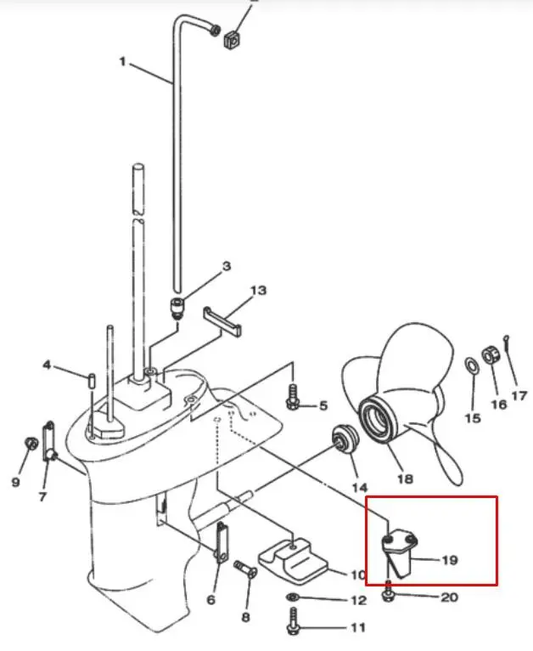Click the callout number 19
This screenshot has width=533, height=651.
(x=450, y=560)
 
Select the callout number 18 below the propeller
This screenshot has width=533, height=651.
(x=406, y=478)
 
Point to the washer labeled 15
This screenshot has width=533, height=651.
(x=471, y=365)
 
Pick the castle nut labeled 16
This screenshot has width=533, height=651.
(x=491, y=355)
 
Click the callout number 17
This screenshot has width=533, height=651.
(x=519, y=396)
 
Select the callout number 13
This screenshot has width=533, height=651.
(x=258, y=290)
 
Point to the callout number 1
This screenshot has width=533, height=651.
(x=122, y=61)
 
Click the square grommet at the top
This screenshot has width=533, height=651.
(x=233, y=39)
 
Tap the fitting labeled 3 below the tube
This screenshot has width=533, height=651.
(x=177, y=308)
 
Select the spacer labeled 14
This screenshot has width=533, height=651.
(x=345, y=439)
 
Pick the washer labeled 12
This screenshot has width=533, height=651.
(x=293, y=597)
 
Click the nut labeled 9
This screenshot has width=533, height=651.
(x=31, y=444)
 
